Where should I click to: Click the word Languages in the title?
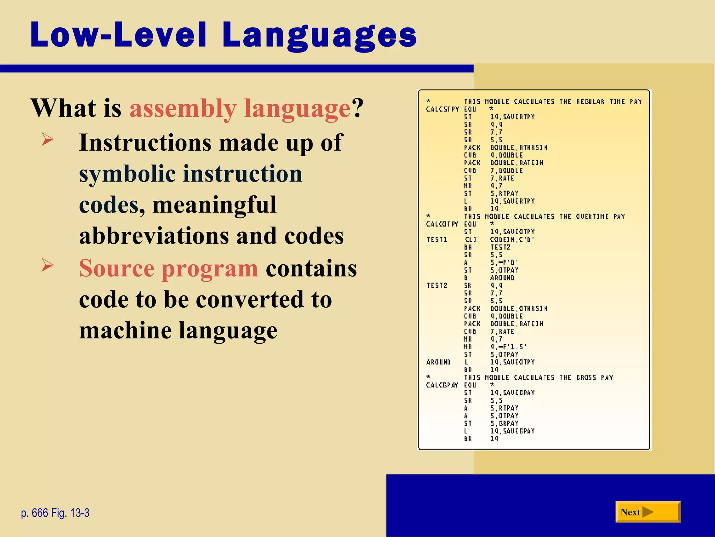(319, 36)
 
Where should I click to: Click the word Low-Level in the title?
(119, 35)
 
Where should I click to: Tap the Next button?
(648, 512)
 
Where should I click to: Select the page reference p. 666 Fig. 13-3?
(55, 513)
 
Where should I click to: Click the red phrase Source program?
(168, 268)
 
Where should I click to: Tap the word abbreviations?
(154, 236)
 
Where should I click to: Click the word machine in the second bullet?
(125, 330)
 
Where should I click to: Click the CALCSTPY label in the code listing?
(442, 109)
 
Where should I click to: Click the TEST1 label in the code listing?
(437, 239)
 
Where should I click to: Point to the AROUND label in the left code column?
(438, 362)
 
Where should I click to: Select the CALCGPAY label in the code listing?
(442, 385)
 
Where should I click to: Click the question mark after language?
(357, 108)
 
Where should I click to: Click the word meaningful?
(214, 205)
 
